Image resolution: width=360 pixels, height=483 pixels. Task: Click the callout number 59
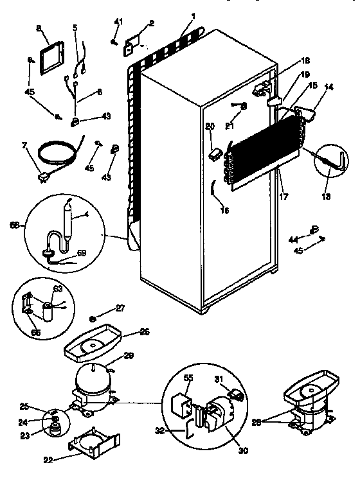click(80, 252)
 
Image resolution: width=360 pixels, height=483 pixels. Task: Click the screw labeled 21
click(234, 107)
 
